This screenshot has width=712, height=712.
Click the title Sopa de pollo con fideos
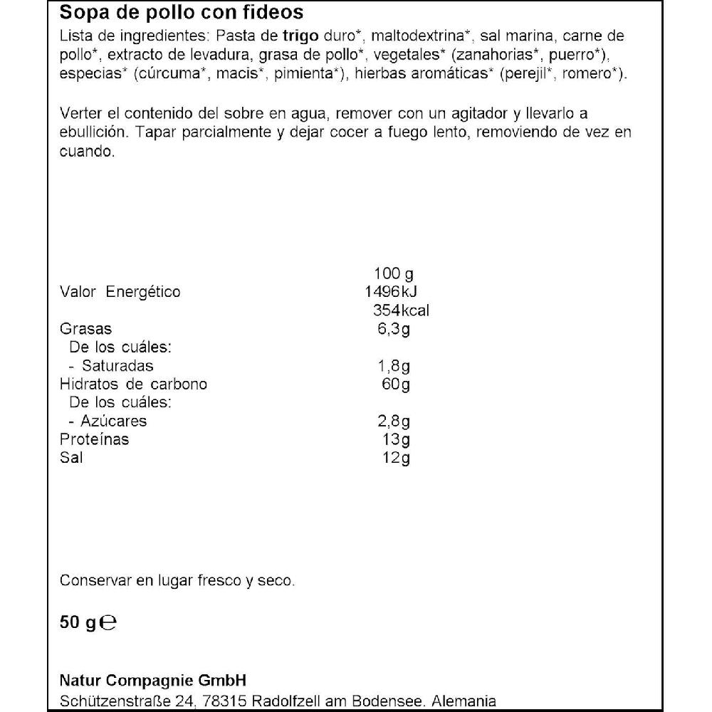click(x=182, y=13)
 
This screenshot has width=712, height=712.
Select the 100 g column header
click(x=393, y=274)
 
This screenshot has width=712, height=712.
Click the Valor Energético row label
click(x=120, y=292)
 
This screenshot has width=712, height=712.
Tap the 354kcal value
click(x=401, y=310)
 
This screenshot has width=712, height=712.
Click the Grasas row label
click(x=86, y=329)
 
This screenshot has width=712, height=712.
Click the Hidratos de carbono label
click(x=134, y=384)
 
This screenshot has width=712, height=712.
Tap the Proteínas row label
click(x=95, y=439)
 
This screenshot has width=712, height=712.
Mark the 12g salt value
click(x=396, y=458)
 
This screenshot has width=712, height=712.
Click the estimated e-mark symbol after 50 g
click(x=108, y=623)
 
